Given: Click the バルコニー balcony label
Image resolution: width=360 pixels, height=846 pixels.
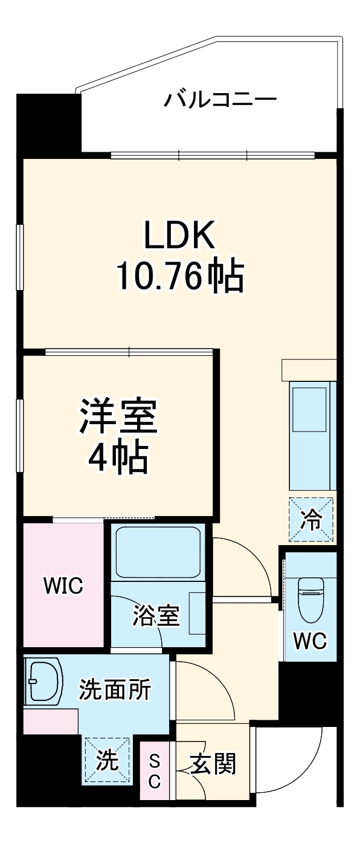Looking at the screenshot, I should (220, 98).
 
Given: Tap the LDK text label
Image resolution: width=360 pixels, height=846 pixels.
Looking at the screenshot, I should (179, 235).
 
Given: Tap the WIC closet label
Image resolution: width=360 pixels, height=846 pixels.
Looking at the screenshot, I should (62, 586).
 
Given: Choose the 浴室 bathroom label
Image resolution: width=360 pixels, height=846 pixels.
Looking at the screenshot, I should (156, 617).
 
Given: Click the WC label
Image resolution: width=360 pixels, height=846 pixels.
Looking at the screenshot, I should (310, 640).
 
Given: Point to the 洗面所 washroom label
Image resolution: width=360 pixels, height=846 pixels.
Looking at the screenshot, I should (115, 689).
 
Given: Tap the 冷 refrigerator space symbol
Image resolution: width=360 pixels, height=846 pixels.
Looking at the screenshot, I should (311, 519).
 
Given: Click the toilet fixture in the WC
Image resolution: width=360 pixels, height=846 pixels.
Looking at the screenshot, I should (312, 598).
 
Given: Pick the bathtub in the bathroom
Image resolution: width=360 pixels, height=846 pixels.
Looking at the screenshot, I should (158, 552).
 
